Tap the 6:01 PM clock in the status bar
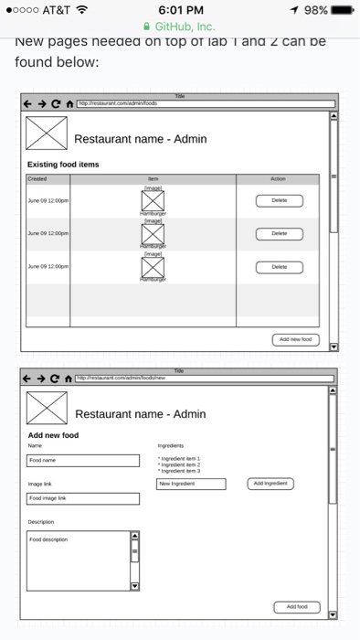[179, 9]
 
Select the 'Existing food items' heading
[63, 164]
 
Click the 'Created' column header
[37, 179]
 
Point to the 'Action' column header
[279, 179]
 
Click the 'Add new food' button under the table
[296, 339]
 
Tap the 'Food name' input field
[83, 460]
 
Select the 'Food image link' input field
[83, 498]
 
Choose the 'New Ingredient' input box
[191, 483]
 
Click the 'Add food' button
[297, 606]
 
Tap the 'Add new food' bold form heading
[53, 435]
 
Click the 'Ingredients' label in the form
[171, 445]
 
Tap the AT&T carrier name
[55, 9]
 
